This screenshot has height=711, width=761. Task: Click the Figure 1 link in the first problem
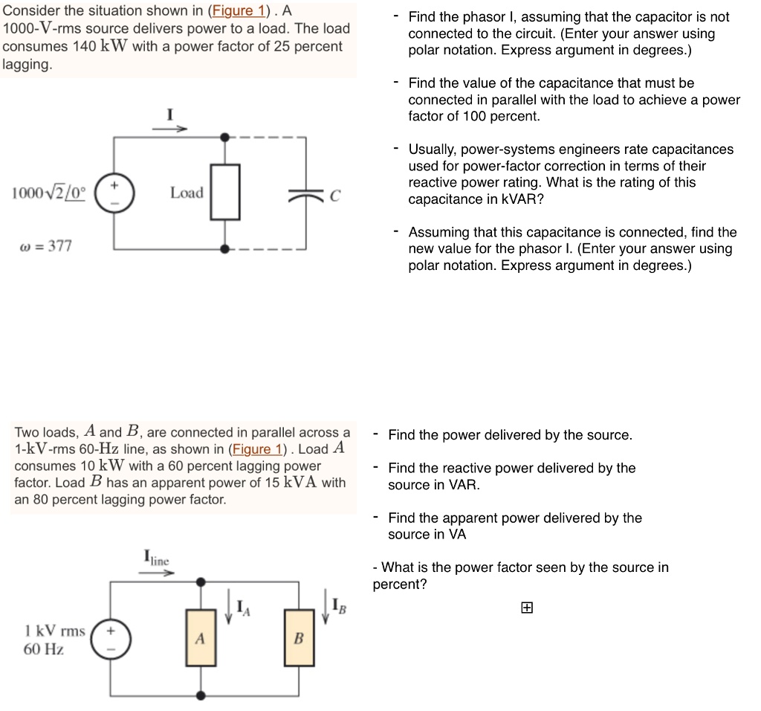coord(238,11)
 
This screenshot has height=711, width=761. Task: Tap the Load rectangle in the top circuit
coord(225,192)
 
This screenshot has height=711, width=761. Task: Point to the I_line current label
coord(156,559)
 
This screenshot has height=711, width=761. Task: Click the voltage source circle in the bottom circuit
coord(111,639)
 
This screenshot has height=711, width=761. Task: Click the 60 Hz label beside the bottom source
coord(44,649)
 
